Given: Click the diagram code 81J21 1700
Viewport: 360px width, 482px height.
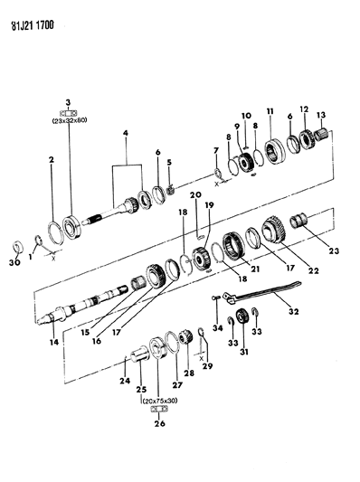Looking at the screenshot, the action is coord(33,25).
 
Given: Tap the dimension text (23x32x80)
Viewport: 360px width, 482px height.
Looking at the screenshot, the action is coord(70,120).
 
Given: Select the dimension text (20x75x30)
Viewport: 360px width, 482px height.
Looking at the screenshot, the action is coord(159,401).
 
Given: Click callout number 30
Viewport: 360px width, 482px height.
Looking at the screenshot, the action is coord(14,262).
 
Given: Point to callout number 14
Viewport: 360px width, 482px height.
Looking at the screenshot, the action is coord(54,342).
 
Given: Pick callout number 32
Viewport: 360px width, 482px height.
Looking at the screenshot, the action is coord(294,311).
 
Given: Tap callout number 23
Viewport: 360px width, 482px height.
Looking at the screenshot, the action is coord(334,250).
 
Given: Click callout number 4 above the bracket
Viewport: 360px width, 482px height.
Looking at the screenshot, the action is coord(126,133).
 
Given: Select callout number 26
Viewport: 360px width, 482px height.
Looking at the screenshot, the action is coord(159,423).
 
